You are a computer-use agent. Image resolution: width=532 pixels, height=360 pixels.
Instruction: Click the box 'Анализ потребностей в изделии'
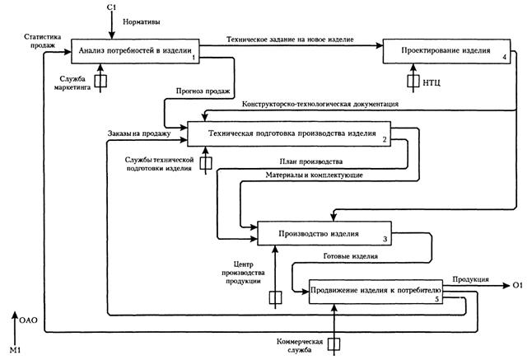pyautogui.click(x=135, y=51)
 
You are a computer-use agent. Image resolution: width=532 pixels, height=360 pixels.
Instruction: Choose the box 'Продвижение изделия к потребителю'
pyautogui.click(x=377, y=291)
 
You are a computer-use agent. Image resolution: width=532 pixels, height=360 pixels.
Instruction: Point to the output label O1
pyautogui.click(x=517, y=285)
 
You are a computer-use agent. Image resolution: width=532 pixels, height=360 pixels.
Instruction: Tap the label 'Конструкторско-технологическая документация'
pyautogui.click(x=321, y=105)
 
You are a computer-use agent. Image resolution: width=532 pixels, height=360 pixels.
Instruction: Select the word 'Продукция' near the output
pyautogui.click(x=472, y=279)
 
